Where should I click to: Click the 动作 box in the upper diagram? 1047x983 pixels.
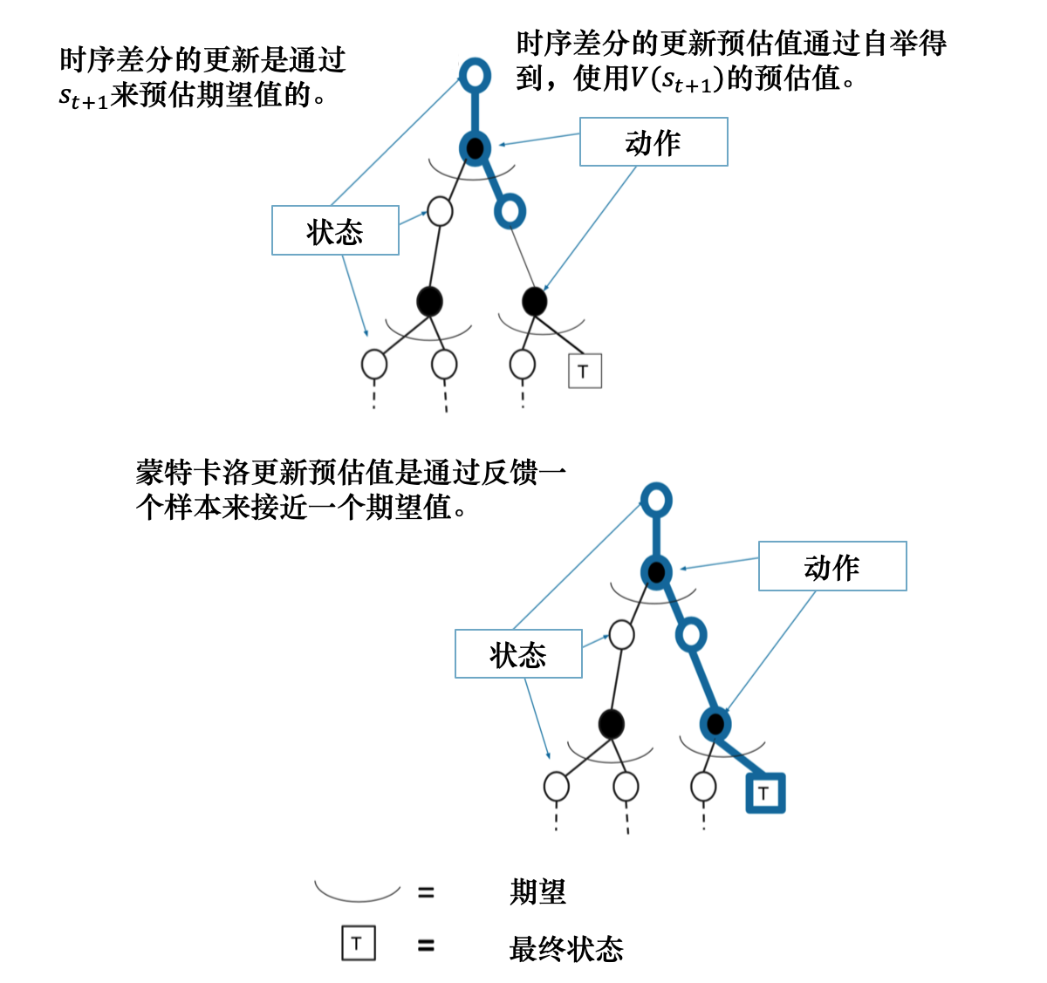pos(654,142)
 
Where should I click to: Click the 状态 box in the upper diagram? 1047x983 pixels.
pos(335,230)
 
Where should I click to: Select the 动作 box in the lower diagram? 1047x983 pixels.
pos(832,566)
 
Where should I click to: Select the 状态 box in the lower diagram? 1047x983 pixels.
pos(518,653)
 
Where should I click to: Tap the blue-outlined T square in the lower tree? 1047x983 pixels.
pos(764,793)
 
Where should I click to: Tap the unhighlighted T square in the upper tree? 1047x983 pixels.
pos(584,371)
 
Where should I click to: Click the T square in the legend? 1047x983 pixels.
pos(358,944)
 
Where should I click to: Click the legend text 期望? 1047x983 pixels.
pos(537,892)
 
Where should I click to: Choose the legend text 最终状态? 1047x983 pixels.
pos(565,948)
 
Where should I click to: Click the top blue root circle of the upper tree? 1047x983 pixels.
pos(475,76)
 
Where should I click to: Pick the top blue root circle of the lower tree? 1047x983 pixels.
pos(656,501)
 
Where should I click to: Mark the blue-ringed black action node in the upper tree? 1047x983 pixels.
pos(475,148)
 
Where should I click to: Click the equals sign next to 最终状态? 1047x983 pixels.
pos(426,945)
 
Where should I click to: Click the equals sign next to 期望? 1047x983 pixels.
pos(426,892)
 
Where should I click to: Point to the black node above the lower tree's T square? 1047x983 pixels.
pos(715,723)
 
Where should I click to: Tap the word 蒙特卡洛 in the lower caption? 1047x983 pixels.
pos(193,473)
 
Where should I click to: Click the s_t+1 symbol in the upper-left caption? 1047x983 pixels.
pos(84,97)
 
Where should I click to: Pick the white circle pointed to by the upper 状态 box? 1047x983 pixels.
pos(441,211)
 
